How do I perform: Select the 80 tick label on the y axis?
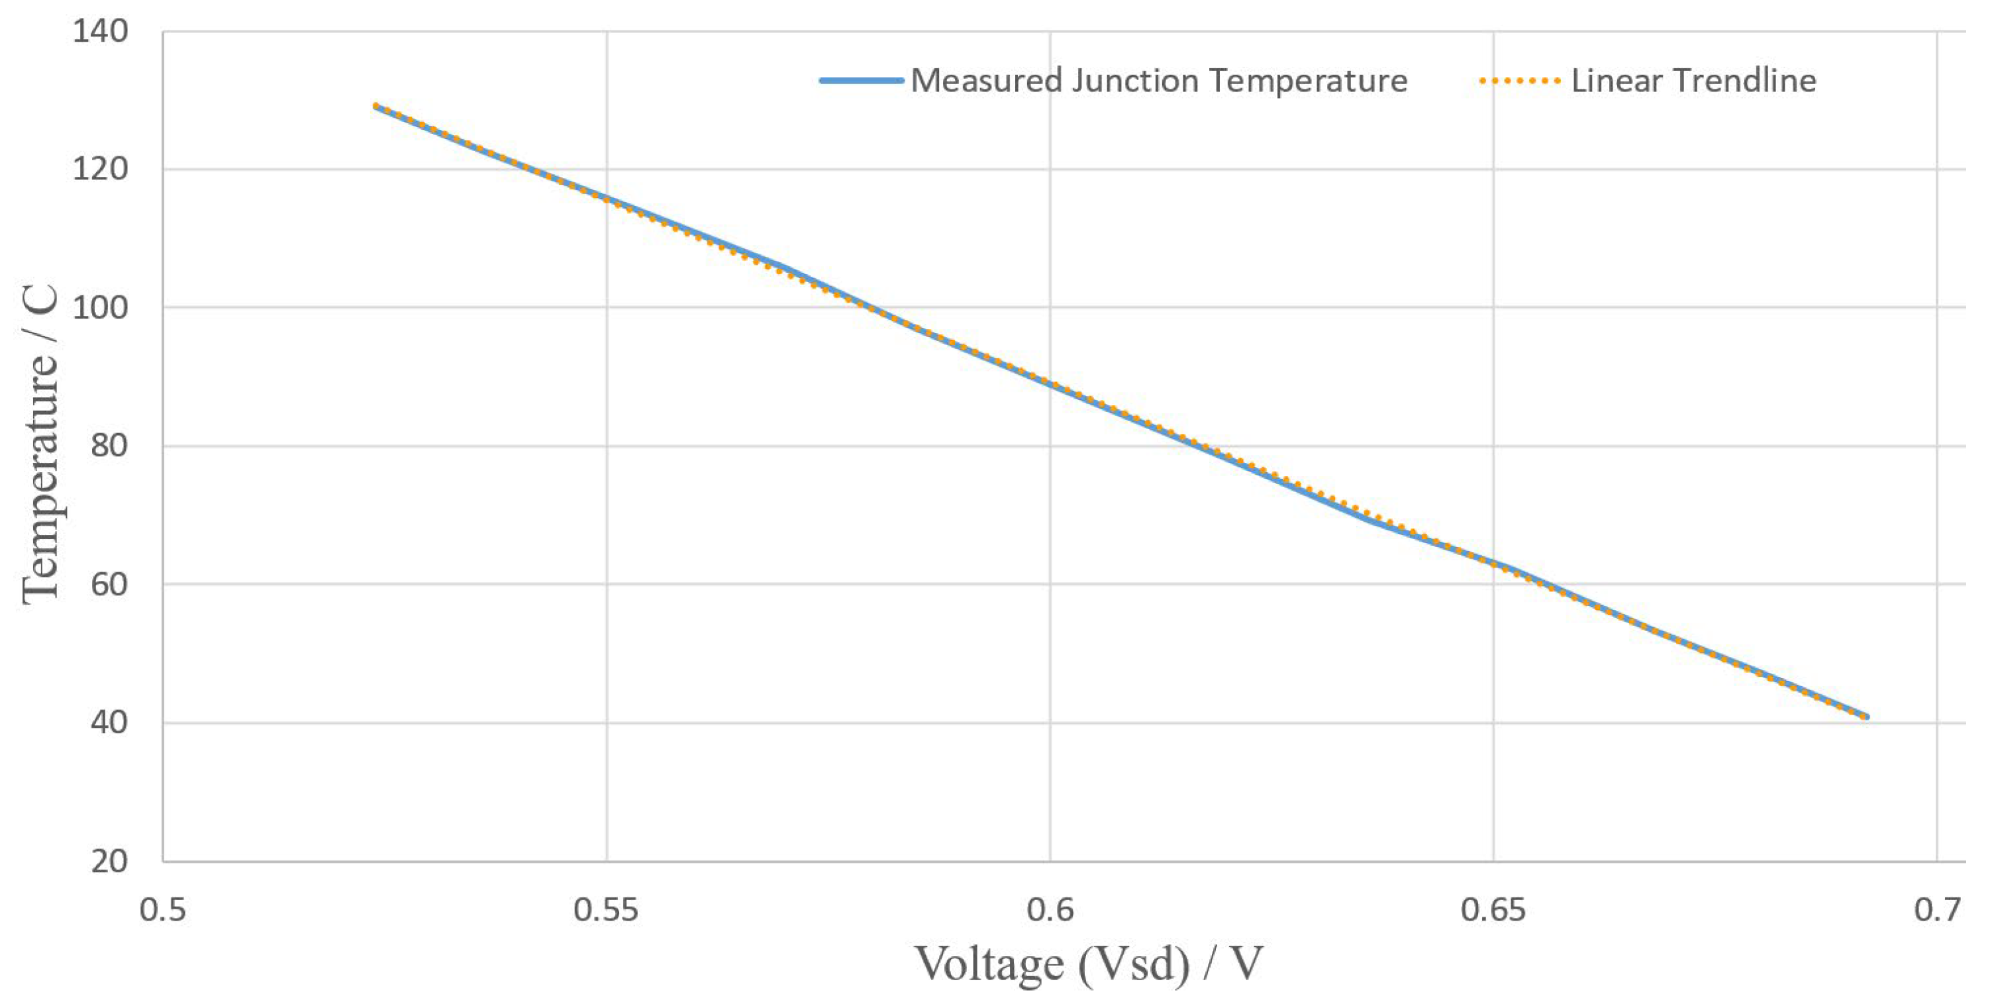[x=108, y=446]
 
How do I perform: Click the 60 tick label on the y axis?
[x=108, y=584]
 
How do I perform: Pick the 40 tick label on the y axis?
[x=108, y=723]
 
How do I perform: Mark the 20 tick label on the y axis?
[x=108, y=861]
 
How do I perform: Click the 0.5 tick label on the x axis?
[x=163, y=910]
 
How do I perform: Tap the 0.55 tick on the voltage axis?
[x=606, y=910]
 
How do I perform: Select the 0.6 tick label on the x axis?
[x=1050, y=910]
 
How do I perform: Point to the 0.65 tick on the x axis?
[x=1493, y=910]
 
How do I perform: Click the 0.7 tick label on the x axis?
[x=1937, y=910]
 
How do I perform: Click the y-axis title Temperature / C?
[x=40, y=445]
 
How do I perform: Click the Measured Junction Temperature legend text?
[x=1158, y=80]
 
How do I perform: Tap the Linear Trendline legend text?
[x=1693, y=80]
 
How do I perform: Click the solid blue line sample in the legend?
[x=862, y=80]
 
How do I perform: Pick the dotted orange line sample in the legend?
[x=1520, y=80]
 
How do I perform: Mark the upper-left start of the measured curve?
[x=375, y=106]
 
